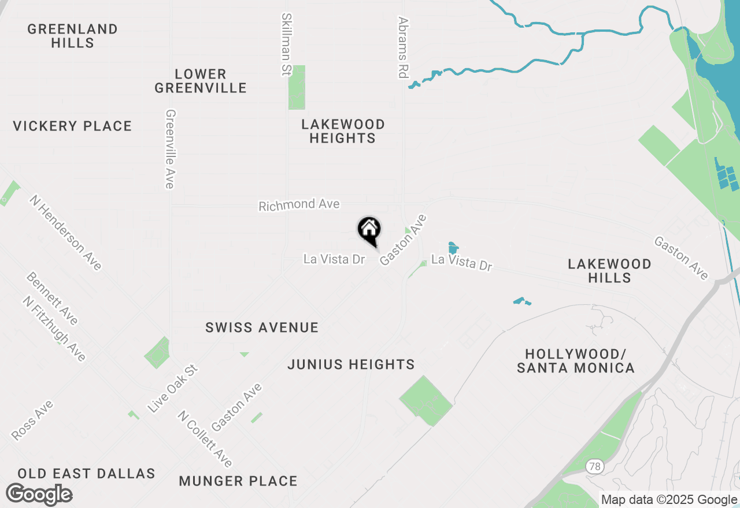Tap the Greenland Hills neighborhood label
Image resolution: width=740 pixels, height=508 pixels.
coord(72,36)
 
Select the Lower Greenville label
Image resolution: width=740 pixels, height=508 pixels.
coord(201,81)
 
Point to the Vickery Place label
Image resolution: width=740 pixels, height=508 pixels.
coord(72,126)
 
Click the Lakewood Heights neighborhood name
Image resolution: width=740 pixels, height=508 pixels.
coord(343,131)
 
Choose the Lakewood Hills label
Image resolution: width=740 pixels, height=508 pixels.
coord(609,271)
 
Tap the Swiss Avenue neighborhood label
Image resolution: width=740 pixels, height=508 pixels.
coord(262,327)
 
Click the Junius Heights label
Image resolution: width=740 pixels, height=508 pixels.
coord(351,364)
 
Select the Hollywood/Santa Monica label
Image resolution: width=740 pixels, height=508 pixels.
coord(576,361)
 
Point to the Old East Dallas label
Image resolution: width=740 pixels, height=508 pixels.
coord(86,473)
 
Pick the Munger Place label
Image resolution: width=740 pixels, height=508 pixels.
coord(238,481)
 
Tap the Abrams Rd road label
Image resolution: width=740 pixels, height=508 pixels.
coord(403,47)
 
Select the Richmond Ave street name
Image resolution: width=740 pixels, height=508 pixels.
coord(299,205)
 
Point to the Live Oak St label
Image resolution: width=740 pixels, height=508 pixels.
coord(172,388)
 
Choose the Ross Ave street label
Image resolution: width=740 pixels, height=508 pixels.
coord(32,420)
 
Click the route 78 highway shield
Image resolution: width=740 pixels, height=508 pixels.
coord(594,466)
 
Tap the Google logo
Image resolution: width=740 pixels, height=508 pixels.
coord(39,495)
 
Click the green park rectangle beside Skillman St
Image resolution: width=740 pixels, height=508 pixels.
coord(297,87)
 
